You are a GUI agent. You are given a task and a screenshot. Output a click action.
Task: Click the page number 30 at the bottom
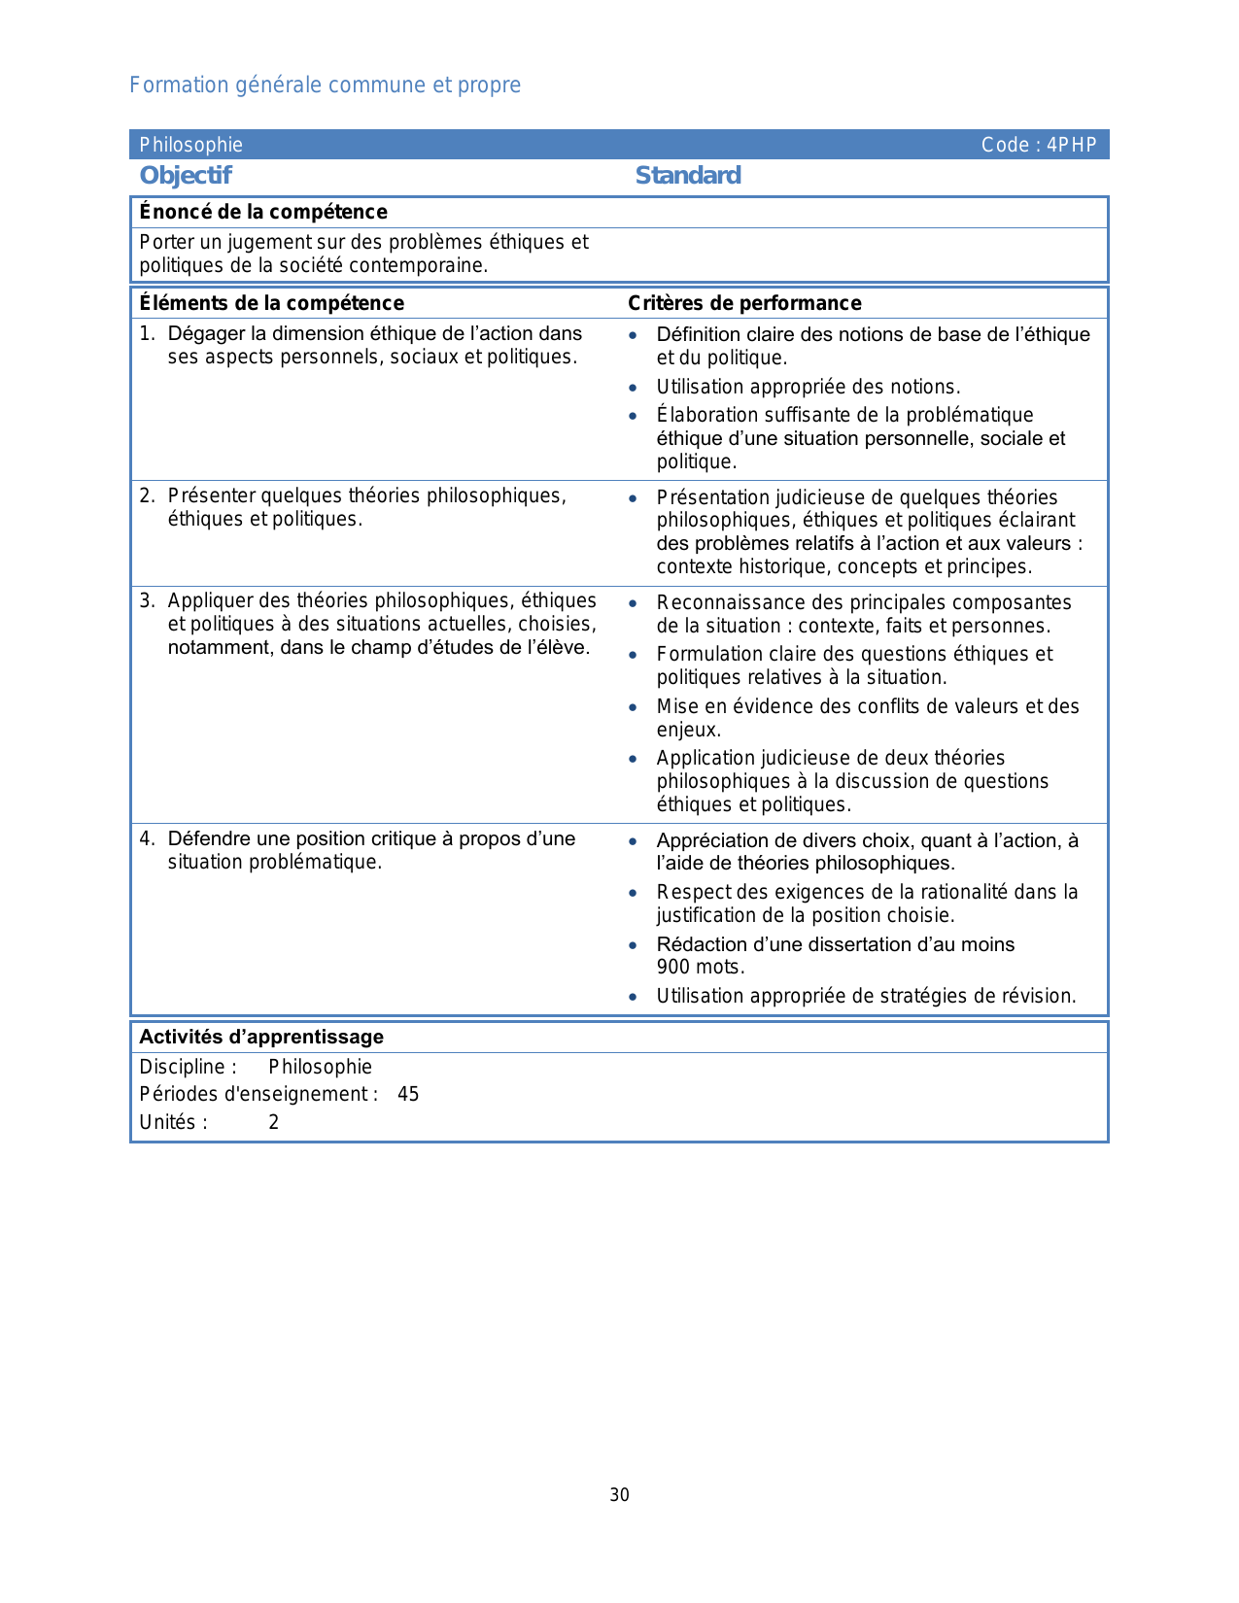619,1495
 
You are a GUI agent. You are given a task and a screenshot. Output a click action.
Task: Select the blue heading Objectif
186,176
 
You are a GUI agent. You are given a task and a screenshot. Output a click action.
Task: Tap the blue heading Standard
688,176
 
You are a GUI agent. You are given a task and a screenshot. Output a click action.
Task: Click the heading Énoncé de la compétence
263,212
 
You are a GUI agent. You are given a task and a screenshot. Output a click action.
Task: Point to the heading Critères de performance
744,303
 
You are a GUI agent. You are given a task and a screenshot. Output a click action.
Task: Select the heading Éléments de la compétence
271,303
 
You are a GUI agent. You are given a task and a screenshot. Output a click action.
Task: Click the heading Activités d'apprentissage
261,1037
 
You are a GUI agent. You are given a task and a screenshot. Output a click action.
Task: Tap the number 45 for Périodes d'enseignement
408,1095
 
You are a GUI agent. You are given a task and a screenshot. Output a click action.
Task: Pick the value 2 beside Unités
274,1123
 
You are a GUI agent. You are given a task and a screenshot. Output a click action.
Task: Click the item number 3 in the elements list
146,600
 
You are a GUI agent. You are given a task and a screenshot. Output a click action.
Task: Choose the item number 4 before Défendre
146,838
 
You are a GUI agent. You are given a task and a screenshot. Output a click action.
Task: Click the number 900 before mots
672,968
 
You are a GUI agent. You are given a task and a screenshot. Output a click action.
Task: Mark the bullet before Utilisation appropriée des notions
633,388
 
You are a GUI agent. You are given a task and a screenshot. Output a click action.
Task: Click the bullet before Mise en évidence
633,707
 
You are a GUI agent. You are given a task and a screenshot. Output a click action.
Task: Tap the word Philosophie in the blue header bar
190,146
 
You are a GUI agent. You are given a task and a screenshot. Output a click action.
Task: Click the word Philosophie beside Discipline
320,1067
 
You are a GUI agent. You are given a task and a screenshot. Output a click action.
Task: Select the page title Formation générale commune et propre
325,85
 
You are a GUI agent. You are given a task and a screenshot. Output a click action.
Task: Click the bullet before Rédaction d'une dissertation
633,945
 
